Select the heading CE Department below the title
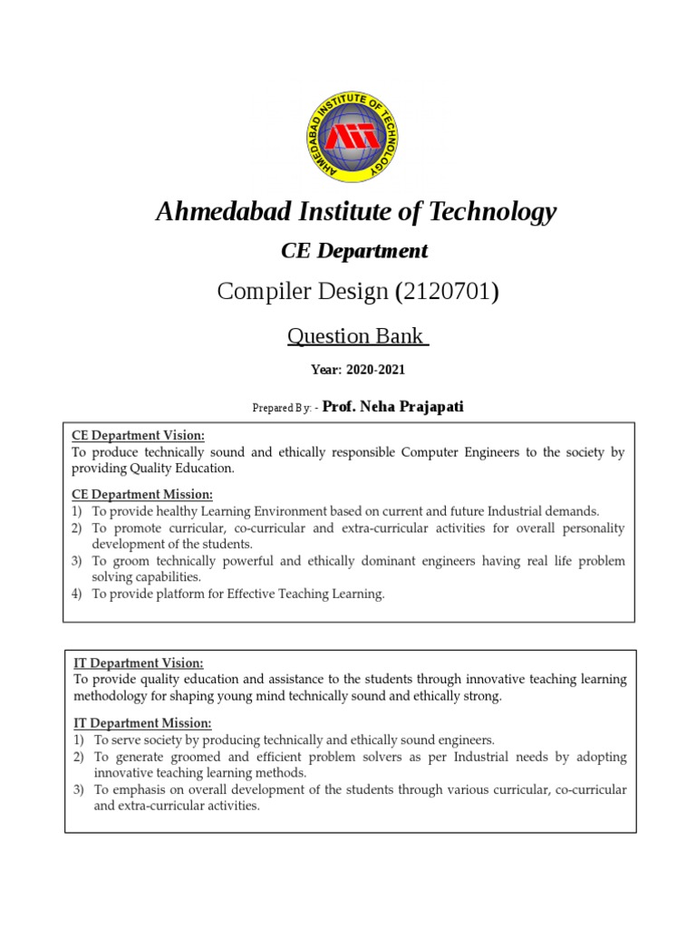tap(354, 251)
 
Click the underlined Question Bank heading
tap(358, 336)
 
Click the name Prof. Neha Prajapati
tap(392, 407)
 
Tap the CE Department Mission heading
tap(142, 495)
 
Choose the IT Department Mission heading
tap(142, 723)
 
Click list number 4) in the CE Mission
tap(78, 594)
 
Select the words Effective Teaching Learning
tap(304, 594)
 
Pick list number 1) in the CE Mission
tap(78, 511)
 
